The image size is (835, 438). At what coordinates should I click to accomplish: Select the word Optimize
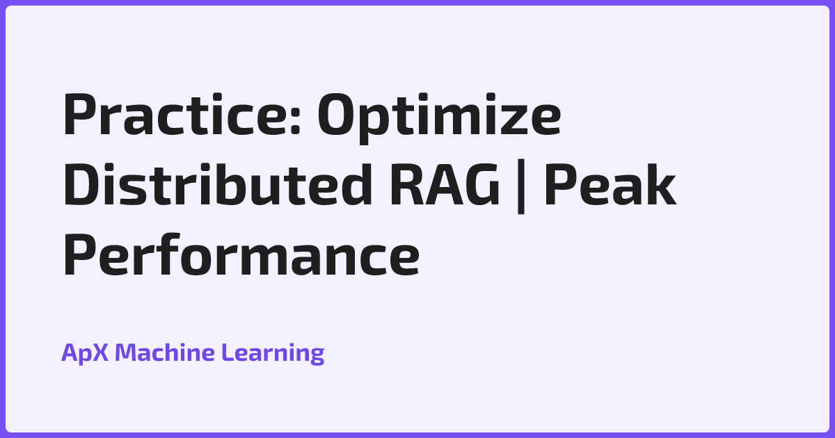[x=439, y=116]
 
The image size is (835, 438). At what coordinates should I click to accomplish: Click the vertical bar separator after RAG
[x=515, y=188]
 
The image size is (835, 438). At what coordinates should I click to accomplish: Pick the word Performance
[x=241, y=255]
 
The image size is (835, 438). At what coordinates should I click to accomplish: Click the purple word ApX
[x=84, y=353]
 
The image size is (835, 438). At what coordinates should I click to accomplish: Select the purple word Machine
[x=164, y=353]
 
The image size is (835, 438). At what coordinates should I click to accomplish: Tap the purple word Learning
[x=273, y=353]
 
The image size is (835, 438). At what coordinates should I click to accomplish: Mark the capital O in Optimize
[x=339, y=116]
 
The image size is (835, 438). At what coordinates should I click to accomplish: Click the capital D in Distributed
[x=83, y=186]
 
